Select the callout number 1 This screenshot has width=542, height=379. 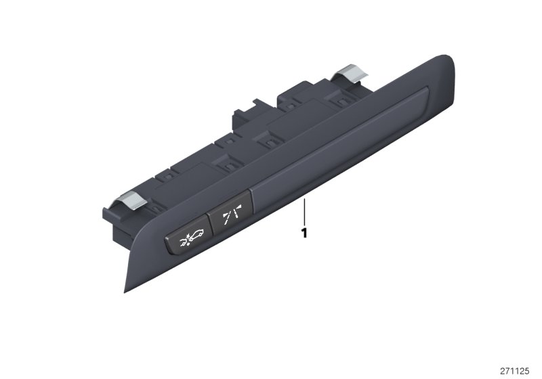click(305, 233)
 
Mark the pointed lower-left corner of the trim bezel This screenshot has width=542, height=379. click(126, 290)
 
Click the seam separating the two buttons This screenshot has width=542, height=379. click(214, 229)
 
